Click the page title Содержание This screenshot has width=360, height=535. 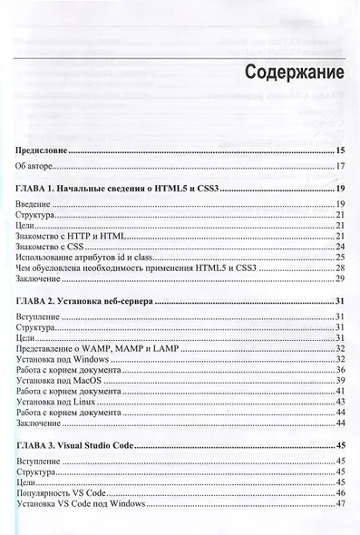(x=284, y=72)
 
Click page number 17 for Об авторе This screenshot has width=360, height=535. (x=341, y=167)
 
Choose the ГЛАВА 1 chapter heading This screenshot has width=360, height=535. (x=120, y=189)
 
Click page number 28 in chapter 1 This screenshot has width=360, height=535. (x=341, y=268)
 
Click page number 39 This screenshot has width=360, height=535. (x=341, y=380)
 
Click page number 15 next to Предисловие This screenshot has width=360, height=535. (x=341, y=151)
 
